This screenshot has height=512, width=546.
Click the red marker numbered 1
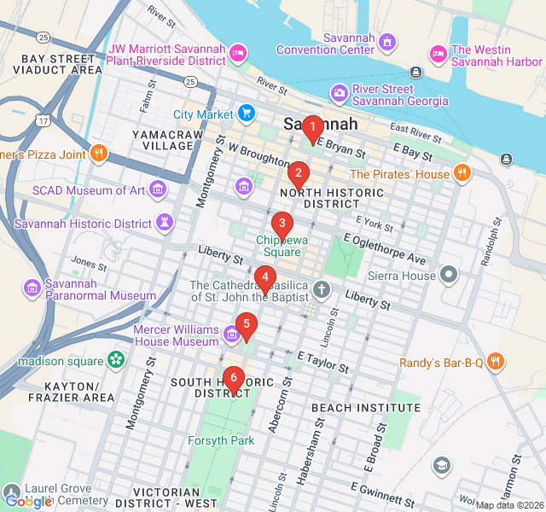[x=312, y=129]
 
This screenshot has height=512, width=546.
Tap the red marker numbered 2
[x=298, y=174]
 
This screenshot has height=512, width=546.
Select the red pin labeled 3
[x=282, y=224]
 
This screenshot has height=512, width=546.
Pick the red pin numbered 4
[x=265, y=277]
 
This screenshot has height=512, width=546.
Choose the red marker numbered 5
[x=247, y=324]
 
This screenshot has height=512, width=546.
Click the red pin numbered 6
[x=233, y=378]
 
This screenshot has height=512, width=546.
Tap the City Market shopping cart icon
[x=247, y=113]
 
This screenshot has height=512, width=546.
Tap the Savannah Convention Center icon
[x=388, y=41]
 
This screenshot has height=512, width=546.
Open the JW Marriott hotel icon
[x=239, y=53]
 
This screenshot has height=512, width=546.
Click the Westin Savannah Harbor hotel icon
[x=439, y=53]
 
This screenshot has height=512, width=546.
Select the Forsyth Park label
[x=221, y=441]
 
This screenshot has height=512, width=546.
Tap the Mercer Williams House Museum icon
[x=231, y=332]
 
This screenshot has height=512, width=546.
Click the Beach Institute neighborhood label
[x=365, y=408]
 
